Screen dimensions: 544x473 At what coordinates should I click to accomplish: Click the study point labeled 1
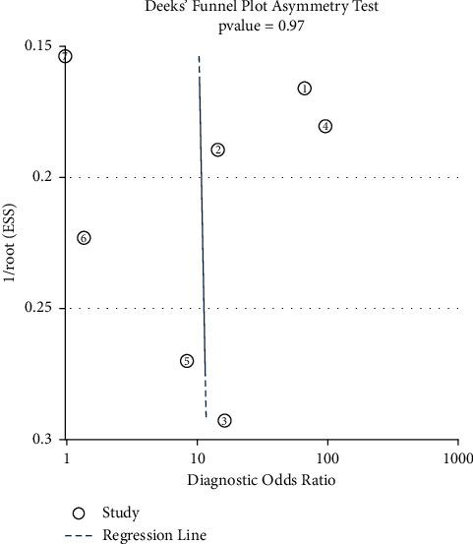[x=305, y=89]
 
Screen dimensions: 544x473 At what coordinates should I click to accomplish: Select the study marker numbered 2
[x=217, y=150]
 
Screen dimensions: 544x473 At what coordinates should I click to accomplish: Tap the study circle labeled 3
[x=224, y=420]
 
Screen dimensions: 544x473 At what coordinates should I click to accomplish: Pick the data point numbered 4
[x=325, y=126]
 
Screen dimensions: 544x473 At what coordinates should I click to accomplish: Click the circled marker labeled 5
[x=187, y=361]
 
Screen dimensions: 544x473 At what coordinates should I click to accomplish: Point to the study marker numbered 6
[x=84, y=238]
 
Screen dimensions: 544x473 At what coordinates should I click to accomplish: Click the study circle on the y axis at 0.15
[x=66, y=56]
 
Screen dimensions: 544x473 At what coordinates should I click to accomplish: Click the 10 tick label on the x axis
[x=197, y=458]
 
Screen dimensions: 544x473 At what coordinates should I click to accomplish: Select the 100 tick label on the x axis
[x=327, y=458]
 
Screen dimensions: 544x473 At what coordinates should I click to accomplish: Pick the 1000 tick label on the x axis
[x=456, y=458]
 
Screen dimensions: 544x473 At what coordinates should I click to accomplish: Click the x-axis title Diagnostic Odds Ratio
[x=262, y=480]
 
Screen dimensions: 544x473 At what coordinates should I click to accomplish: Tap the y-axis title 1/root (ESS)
[x=12, y=243]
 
